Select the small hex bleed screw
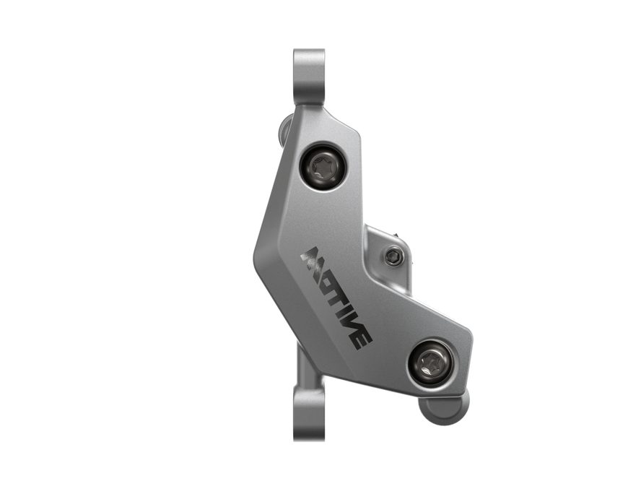(395, 256)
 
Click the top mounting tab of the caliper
(309, 78)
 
